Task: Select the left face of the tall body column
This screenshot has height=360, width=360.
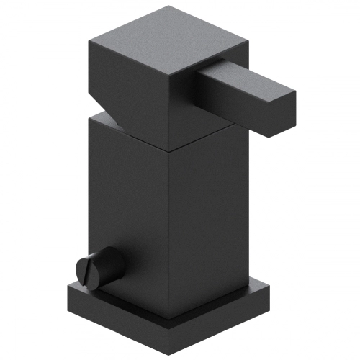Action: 130,209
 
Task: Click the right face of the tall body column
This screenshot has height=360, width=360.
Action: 205,216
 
